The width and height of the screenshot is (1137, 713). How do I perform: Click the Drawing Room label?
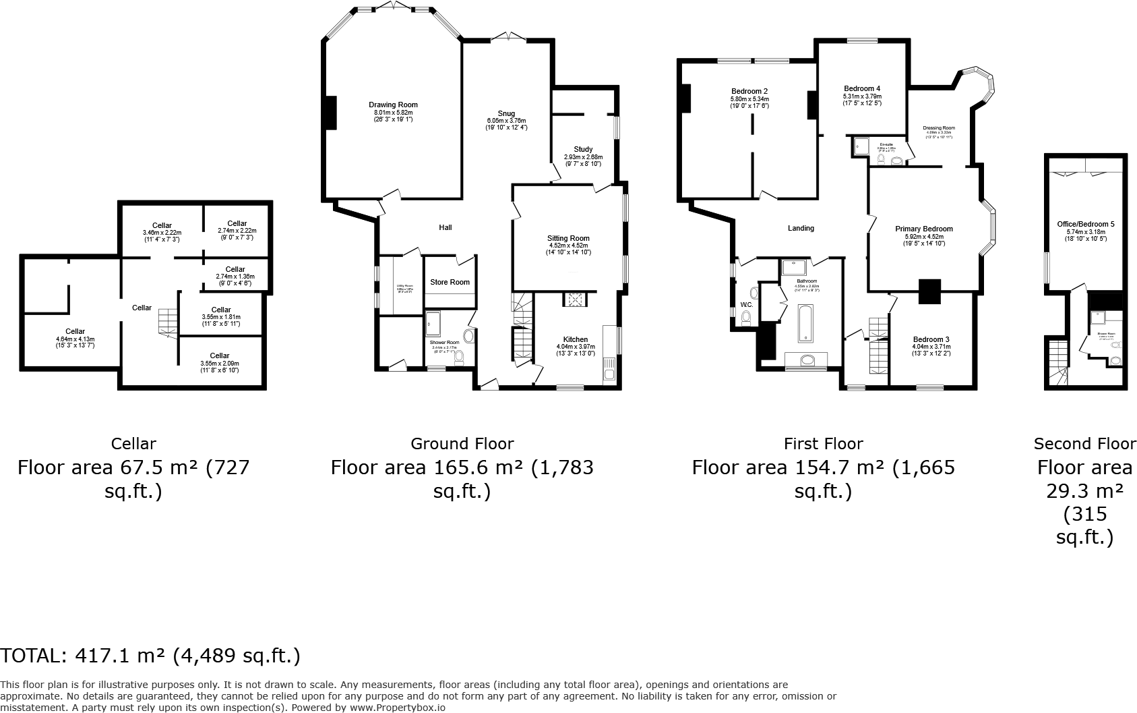[x=393, y=105]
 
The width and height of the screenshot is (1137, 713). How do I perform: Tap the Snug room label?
[x=506, y=113]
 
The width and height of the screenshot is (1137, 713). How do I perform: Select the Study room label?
[x=583, y=149]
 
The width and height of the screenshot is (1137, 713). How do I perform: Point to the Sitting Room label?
[x=568, y=238]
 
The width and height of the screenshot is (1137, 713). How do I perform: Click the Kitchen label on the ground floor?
[x=576, y=339]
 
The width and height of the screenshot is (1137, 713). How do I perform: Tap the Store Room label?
[x=450, y=282]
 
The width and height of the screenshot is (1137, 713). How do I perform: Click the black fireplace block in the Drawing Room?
[x=331, y=113]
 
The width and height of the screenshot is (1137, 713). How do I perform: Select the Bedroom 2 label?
[x=749, y=91]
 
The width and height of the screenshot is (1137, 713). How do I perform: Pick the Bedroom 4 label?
[x=862, y=88]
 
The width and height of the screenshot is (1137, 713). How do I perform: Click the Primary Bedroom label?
[x=924, y=229]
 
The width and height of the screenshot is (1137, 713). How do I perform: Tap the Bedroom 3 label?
[x=931, y=339]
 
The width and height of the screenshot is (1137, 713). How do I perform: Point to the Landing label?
[x=801, y=228]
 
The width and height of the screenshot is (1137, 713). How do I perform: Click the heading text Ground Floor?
[x=462, y=443]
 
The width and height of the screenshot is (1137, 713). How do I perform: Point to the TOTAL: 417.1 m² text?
[x=150, y=655]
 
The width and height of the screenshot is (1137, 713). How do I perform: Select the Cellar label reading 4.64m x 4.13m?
[x=75, y=331]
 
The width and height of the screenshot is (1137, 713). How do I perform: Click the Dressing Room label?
[x=939, y=127]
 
